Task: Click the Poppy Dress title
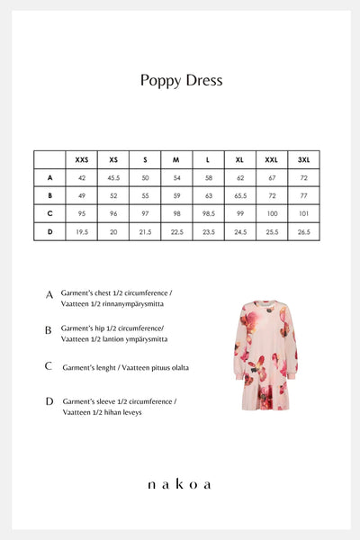coord(181,80)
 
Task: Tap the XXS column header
coord(82,159)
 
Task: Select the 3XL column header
coord(303,159)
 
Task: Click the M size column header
coord(175,159)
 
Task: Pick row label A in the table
coord(49,177)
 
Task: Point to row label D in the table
coord(49,231)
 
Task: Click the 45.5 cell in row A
coord(113,177)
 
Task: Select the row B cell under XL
coord(240,195)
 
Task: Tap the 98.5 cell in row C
coord(208,213)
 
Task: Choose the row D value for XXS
coord(82,231)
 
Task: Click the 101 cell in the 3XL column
coord(303,213)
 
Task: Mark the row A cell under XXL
coord(272,177)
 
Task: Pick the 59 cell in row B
coord(176,195)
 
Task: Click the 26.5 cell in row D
coord(303,231)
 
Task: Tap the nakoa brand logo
coord(180,484)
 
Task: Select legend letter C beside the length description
coord(49,366)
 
